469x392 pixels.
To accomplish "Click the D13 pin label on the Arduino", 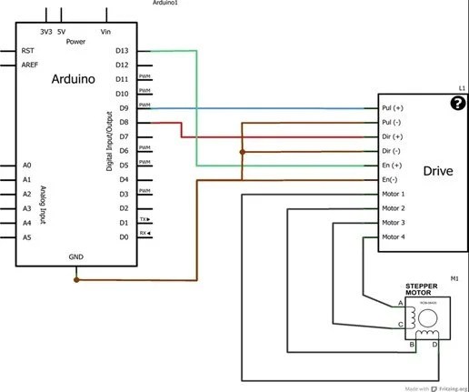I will click(123, 51).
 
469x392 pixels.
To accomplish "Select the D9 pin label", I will click(123, 107).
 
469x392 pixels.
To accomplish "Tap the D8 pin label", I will click(123, 122).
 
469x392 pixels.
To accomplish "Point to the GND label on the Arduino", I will click(76, 257).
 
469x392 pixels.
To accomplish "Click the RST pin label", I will click(28, 51).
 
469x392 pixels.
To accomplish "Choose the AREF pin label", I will click(30, 65).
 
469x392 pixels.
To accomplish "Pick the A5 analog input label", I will click(27, 237).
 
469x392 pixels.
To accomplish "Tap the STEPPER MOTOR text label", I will click(424, 288).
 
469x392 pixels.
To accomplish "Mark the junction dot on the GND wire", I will click(76, 280).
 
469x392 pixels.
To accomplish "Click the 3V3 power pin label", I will click(45, 31).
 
